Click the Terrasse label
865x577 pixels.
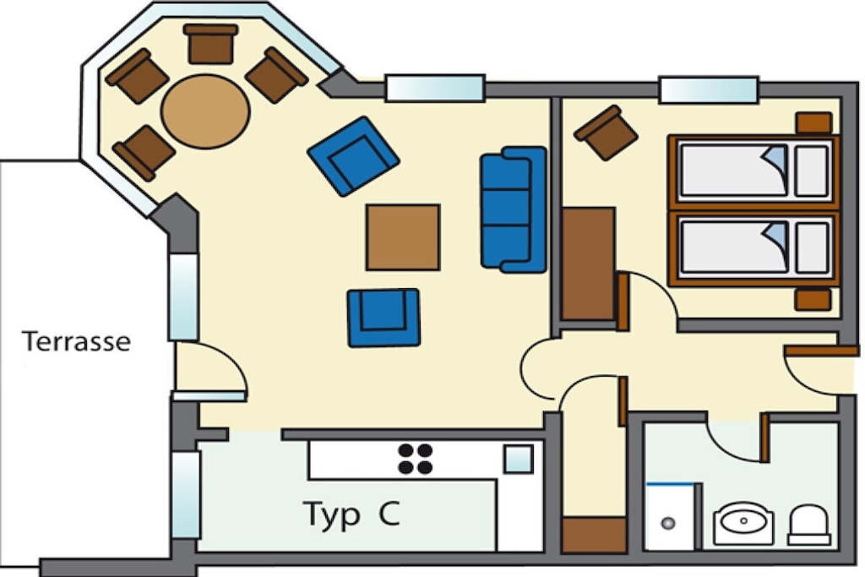[x=76, y=341]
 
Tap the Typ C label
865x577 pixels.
[x=351, y=514]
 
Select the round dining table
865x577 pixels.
[x=205, y=112]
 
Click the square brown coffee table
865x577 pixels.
[x=403, y=237]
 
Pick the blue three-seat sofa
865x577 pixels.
[x=514, y=210]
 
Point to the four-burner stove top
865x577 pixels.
[x=416, y=459]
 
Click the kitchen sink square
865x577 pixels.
[x=519, y=460]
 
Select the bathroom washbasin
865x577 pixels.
[x=743, y=523]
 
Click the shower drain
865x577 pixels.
[x=668, y=523]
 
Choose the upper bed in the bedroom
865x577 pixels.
[x=753, y=171]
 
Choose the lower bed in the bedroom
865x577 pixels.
[x=753, y=248]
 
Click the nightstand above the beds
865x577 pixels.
[x=813, y=122]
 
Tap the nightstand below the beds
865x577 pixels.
[x=813, y=300]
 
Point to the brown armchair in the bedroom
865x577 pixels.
[x=606, y=133]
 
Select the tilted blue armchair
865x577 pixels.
[x=354, y=156]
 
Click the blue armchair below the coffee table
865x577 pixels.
[x=384, y=318]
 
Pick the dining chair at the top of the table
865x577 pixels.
[x=210, y=44]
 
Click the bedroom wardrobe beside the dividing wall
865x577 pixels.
[x=588, y=264]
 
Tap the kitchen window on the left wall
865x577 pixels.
[x=185, y=495]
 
